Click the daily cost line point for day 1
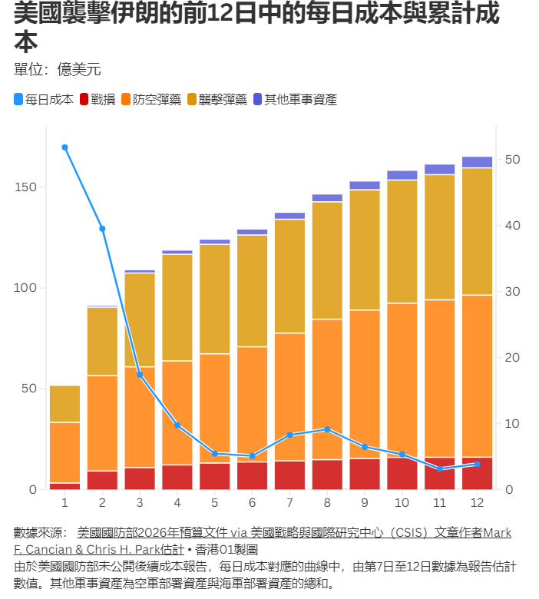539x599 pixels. pos(64,147)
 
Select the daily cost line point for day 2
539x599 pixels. pos(102,229)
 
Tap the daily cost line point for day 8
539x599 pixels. pos(327,429)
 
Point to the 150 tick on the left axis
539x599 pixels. pos(26,187)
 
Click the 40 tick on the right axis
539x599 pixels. pos(512,226)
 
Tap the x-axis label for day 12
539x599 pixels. pos(477,502)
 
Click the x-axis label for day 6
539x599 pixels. pos(252,502)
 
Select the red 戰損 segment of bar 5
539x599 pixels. pos(214,476)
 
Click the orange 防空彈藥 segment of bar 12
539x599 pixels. pos(477,376)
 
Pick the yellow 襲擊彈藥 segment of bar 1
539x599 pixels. pos(64,404)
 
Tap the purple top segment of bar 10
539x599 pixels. pos(402,175)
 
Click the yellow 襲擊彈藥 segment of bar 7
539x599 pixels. pos(289,276)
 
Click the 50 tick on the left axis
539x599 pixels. pos(29,389)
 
